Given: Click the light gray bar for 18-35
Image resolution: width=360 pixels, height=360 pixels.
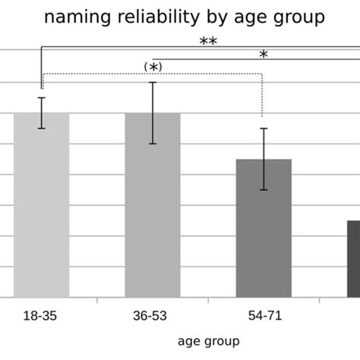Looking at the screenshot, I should click(x=42, y=205).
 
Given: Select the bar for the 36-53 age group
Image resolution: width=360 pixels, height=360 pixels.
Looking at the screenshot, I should click(x=153, y=205).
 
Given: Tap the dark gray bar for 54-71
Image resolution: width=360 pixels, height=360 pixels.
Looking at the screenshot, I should click(x=264, y=228).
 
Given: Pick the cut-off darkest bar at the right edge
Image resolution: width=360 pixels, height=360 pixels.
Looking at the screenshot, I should click(x=353, y=258).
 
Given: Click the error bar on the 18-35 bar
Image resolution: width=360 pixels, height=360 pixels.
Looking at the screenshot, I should click(x=42, y=113).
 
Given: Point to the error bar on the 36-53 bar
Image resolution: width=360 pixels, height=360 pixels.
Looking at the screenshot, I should click(x=153, y=113).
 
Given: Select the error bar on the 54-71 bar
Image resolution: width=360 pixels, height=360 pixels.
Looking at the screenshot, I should click(x=264, y=159).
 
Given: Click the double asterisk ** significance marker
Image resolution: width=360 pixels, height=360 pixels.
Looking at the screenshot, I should click(x=208, y=43).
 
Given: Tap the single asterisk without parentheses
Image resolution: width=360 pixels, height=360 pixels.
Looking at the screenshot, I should click(x=263, y=55).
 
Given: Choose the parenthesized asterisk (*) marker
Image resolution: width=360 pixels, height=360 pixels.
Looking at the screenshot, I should click(x=153, y=68).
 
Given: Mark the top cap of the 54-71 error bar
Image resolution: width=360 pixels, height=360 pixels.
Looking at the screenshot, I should click(x=264, y=128).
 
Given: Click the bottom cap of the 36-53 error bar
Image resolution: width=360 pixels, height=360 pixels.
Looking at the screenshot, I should click(x=153, y=144).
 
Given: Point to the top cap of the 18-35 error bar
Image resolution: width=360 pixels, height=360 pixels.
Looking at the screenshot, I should click(x=42, y=98).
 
